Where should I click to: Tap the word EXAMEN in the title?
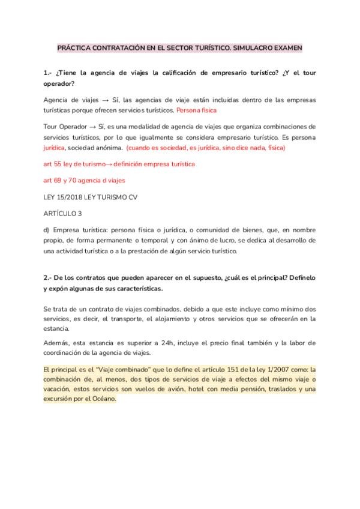click(287, 47)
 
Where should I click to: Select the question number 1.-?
click(49, 73)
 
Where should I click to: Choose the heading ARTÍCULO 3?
click(62, 213)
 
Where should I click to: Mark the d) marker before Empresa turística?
click(47, 230)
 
